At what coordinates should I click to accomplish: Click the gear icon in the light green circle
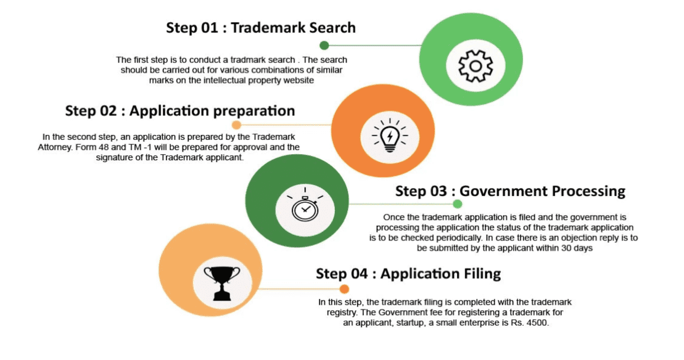pyautogui.click(x=476, y=66)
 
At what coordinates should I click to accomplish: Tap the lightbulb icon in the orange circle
pyautogui.click(x=390, y=135)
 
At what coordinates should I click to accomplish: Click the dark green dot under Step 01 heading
pyautogui.click(x=324, y=46)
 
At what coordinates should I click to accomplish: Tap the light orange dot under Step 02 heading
pyautogui.click(x=236, y=125)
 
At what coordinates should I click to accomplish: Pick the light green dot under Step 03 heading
pyautogui.click(x=457, y=204)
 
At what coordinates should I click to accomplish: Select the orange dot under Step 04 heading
pyautogui.click(x=344, y=289)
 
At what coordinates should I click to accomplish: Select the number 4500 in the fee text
pyautogui.click(x=537, y=323)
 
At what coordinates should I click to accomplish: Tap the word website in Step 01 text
pyautogui.click(x=299, y=80)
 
